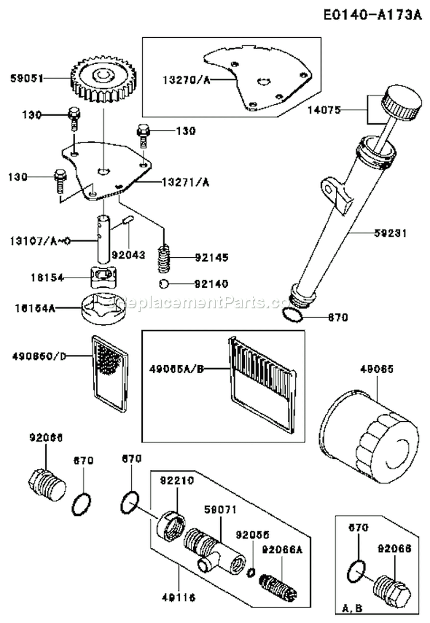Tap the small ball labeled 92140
163,283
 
